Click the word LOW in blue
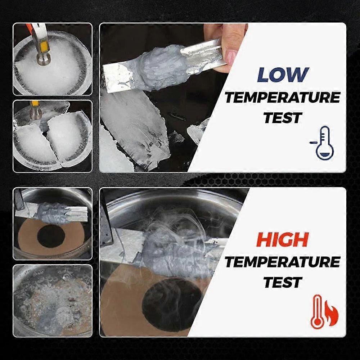tap(283, 75)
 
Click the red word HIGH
tap(282, 240)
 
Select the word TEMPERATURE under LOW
tap(282, 98)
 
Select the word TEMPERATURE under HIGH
tap(282, 262)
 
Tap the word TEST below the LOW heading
tap(283, 117)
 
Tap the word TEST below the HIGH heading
tap(283, 282)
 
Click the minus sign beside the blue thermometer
tap(312, 143)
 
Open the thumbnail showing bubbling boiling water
tap(53, 301)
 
